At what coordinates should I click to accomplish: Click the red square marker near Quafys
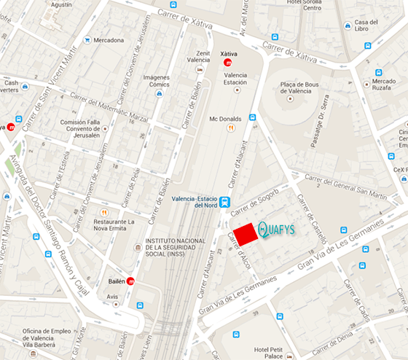tap(246, 232)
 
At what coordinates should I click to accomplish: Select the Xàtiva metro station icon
tap(228, 63)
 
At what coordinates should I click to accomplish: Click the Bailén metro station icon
tap(130, 281)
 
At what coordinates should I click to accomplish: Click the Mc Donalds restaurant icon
tap(231, 128)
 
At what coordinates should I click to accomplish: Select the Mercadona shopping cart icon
tap(87, 40)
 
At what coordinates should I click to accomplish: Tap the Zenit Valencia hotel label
tap(197, 57)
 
